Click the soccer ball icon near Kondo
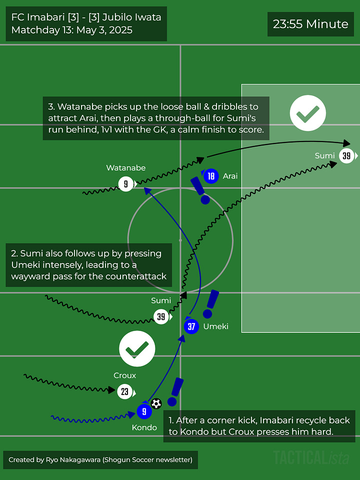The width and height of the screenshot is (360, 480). coord(156,403)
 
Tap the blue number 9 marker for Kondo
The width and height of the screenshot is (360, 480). coord(144,412)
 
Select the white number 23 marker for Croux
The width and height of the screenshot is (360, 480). coord(125,391)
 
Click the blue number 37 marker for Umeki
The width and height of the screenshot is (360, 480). coord(191,326)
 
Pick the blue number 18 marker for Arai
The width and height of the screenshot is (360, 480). coord(211,176)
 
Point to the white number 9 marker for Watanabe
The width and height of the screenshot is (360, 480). coord(126,184)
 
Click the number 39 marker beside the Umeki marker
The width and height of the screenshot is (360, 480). coord(161,316)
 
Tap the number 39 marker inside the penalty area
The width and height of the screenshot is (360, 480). coord(346,156)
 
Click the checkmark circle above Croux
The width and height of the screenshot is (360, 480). coord(137,349)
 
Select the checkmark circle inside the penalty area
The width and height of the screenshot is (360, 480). coord(308,113)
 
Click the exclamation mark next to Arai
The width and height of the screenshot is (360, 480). coord(200,190)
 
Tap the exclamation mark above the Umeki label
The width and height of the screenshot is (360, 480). coord(212,303)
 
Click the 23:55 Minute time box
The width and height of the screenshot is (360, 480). coord(310,24)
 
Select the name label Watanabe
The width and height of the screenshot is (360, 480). coord(126,168)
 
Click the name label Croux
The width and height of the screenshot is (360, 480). coord(125,375)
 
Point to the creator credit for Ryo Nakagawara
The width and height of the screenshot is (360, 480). coord(100,459)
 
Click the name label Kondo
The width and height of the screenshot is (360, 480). coord(144,427)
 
